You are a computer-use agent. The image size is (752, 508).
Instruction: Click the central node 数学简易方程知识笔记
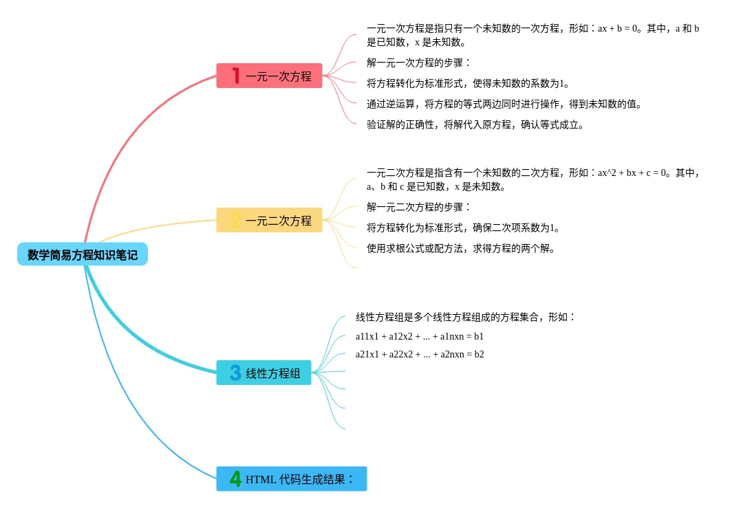83,254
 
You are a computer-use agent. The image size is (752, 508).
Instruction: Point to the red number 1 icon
235,76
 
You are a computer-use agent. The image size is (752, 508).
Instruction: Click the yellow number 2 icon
235,221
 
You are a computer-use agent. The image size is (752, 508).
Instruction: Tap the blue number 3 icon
235,373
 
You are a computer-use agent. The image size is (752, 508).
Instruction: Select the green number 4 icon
235,479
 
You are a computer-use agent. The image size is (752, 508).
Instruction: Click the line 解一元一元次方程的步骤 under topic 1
418,63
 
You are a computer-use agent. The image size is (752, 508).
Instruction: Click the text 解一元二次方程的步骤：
418,207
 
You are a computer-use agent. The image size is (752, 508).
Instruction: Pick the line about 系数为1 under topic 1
468,83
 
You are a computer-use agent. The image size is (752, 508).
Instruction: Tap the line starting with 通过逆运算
504,104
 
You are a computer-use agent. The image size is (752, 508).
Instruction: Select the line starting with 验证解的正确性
475,124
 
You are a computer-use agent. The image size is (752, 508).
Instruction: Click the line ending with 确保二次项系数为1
463,228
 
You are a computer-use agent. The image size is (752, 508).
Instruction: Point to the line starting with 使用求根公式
461,248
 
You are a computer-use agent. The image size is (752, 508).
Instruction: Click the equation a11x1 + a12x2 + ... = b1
420,336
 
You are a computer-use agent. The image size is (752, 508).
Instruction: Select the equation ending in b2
420,354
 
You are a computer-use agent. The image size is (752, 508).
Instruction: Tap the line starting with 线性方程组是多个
465,317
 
